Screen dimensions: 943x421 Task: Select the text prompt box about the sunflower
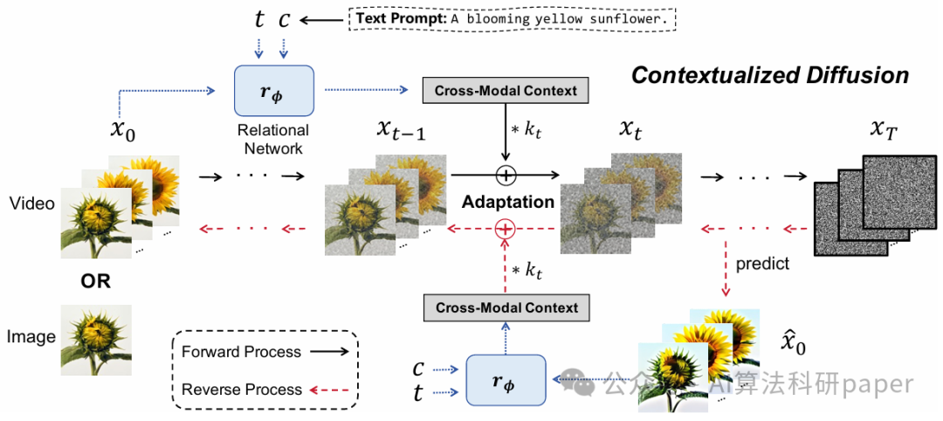pyautogui.click(x=513, y=19)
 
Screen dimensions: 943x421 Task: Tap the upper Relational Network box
pyautogui.click(x=273, y=90)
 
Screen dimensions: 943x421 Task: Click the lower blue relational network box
pyautogui.click(x=506, y=380)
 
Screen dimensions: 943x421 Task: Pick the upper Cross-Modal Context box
pyautogui.click(x=506, y=90)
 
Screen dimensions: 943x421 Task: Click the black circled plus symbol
pyautogui.click(x=506, y=175)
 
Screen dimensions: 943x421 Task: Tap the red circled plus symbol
pyautogui.click(x=506, y=229)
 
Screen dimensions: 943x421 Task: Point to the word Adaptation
pyautogui.click(x=508, y=202)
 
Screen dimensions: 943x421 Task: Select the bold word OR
pyautogui.click(x=96, y=281)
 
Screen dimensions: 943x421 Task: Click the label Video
pyautogui.click(x=32, y=204)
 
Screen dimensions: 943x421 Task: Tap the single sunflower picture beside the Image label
pyautogui.click(x=96, y=341)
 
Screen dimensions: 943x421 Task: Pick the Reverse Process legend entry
pyautogui.click(x=265, y=390)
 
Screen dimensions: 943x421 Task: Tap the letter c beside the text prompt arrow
pyautogui.click(x=284, y=20)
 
